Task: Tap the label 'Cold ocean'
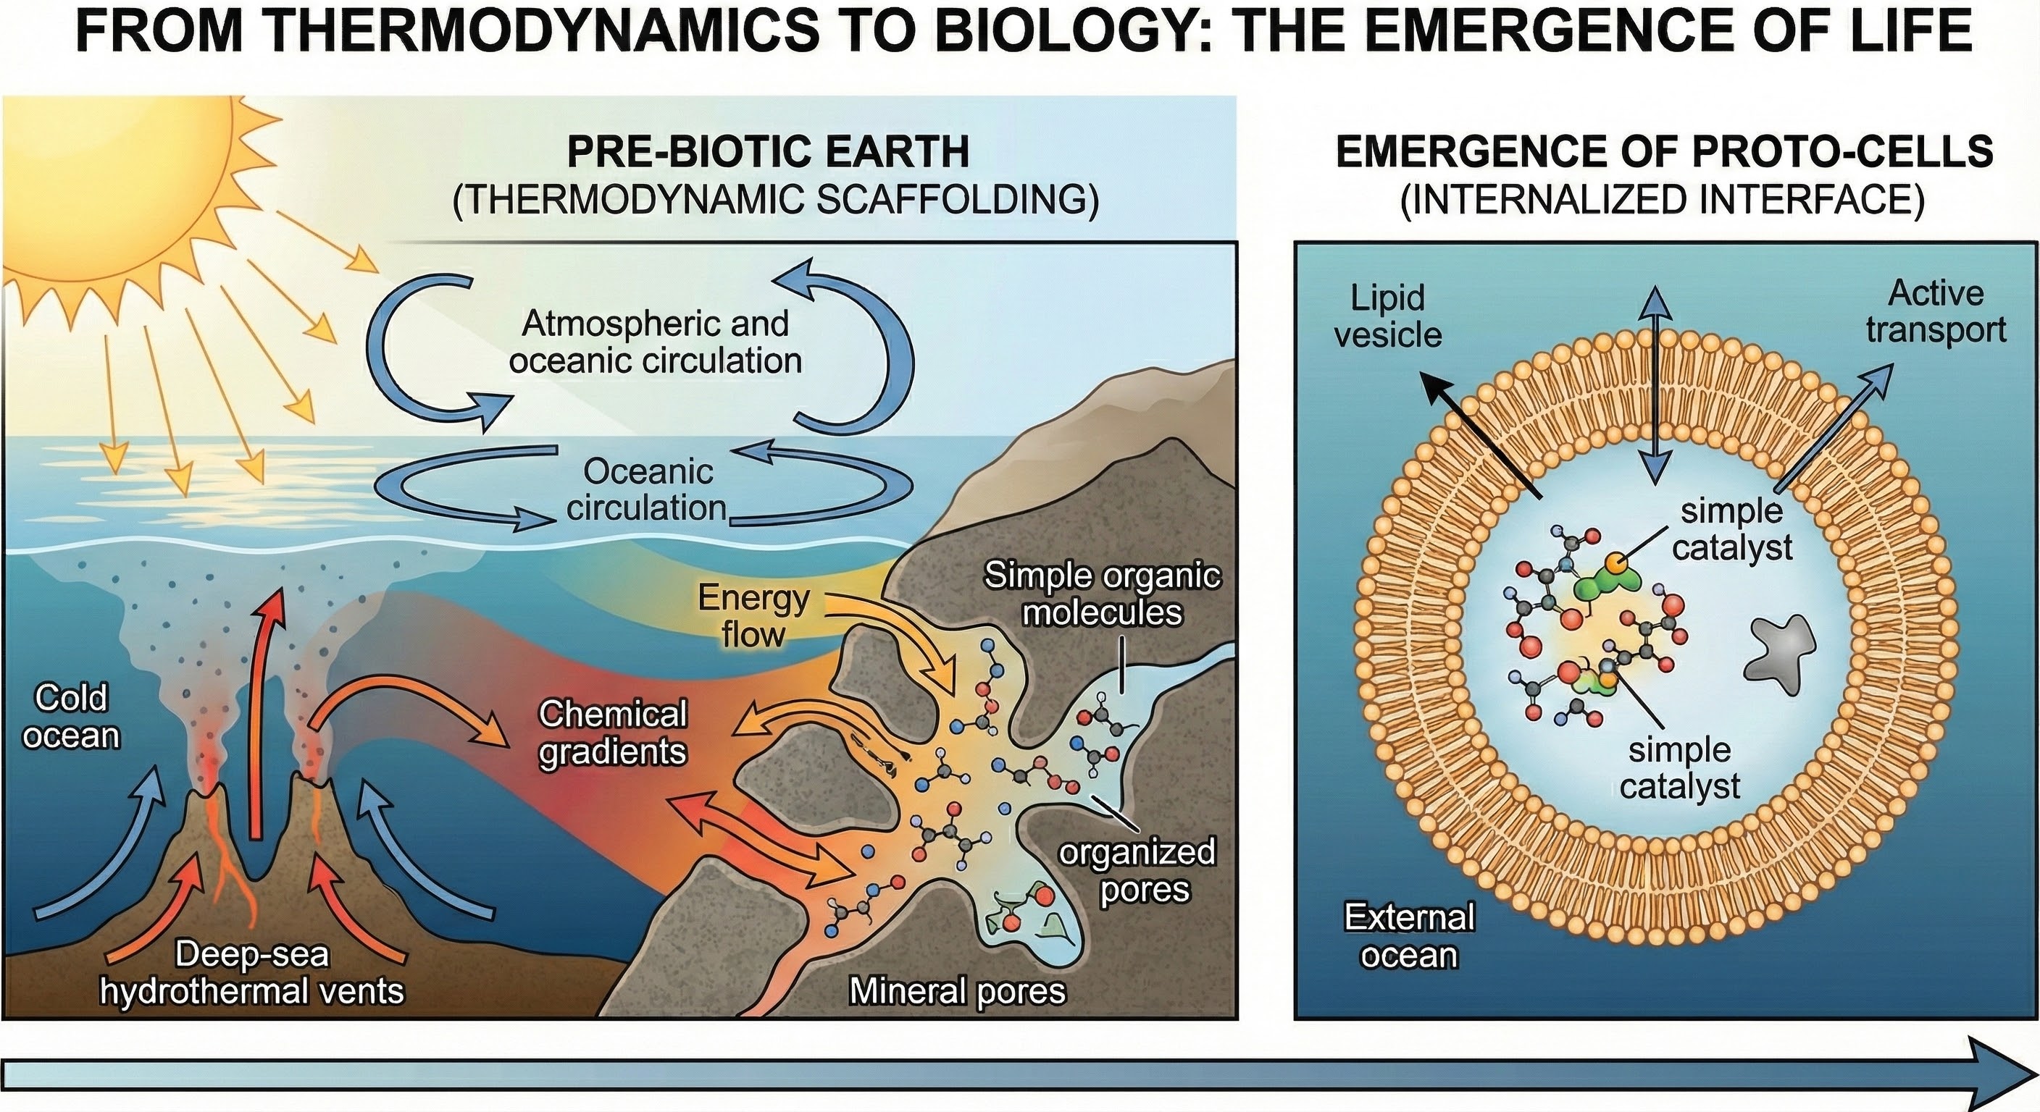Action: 71,716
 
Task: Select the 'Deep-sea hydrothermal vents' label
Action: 252,972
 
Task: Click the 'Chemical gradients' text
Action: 612,733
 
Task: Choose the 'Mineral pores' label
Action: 958,990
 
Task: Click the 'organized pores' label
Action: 1137,871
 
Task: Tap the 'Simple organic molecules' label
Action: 1103,594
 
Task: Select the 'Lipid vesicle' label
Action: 1387,316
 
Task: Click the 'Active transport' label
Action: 1936,312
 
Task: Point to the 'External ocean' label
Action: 1410,936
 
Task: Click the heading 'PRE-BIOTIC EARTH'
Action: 768,151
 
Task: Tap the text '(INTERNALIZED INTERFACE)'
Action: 1663,198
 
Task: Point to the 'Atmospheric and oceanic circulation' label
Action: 655,342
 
